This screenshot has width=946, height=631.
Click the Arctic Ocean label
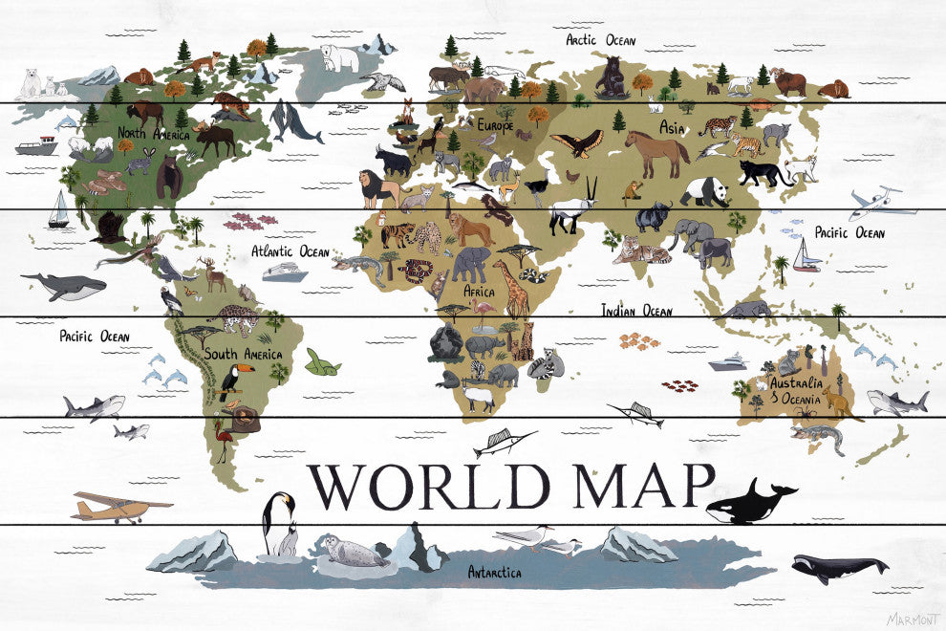600,40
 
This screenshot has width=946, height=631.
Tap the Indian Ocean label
636,311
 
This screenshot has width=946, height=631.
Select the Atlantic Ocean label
290,252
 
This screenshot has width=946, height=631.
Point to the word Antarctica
494,573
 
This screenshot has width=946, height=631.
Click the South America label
243,355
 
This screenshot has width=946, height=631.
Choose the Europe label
496,125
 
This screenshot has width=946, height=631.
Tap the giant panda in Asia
707,192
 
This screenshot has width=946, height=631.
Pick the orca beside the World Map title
751,502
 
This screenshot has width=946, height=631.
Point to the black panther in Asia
765,173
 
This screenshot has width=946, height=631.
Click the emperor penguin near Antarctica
280,522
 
